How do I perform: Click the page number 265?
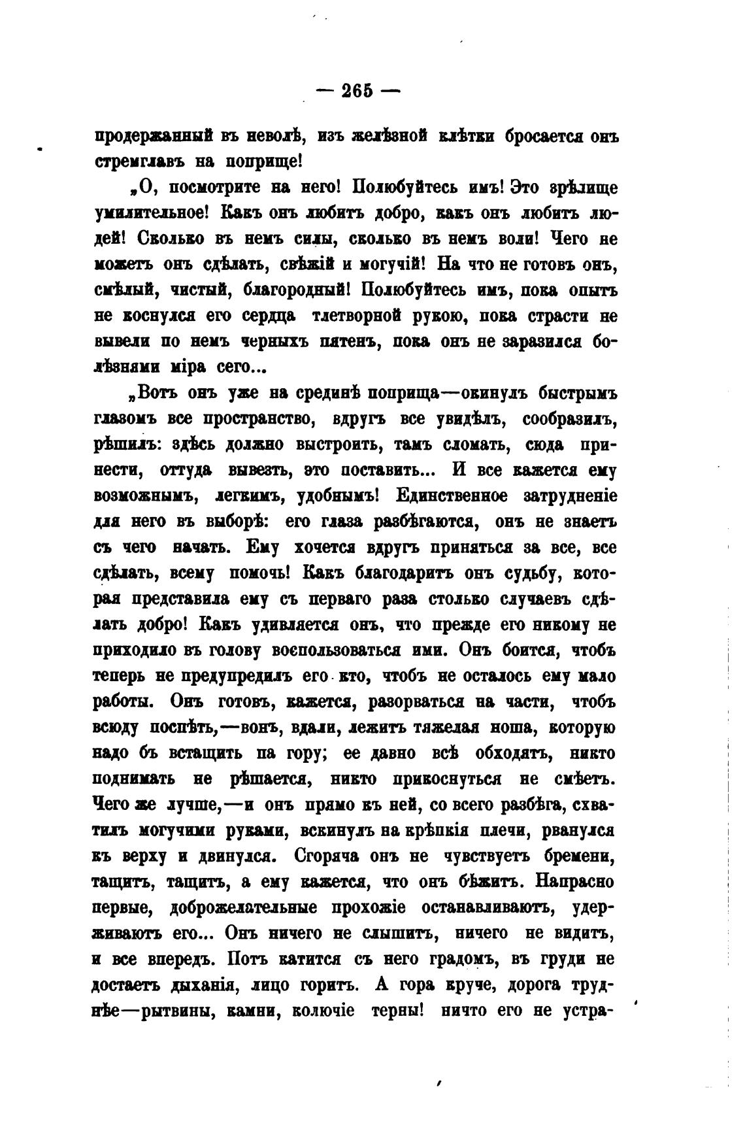pyautogui.click(x=357, y=91)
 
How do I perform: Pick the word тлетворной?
pyautogui.click(x=357, y=315)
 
